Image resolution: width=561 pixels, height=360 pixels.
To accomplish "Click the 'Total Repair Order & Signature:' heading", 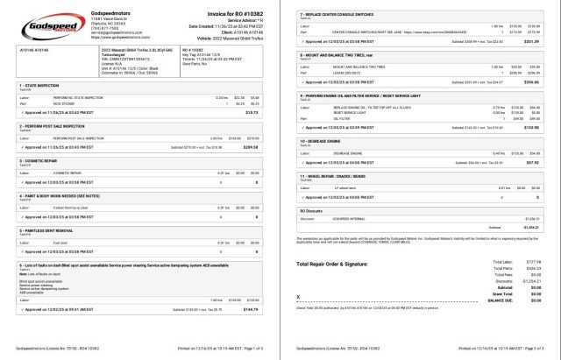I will [x=338, y=263].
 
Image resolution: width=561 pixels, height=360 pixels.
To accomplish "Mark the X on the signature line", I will [x=299, y=298].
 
